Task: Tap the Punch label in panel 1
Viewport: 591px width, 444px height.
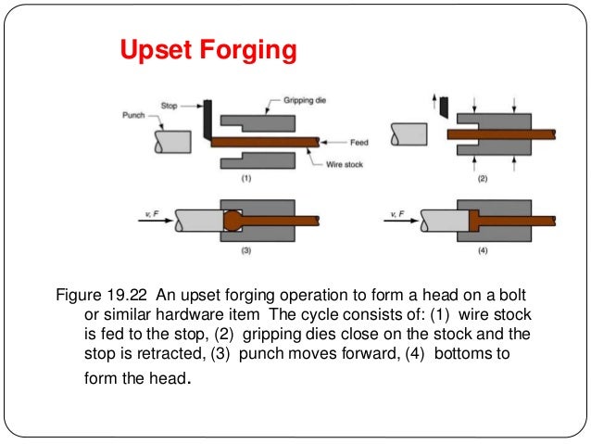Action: pos(133,116)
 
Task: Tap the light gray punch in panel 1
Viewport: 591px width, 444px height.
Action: pos(172,141)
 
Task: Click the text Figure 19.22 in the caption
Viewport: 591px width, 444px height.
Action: pos(103,296)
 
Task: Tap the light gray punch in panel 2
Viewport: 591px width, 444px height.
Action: pos(409,133)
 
